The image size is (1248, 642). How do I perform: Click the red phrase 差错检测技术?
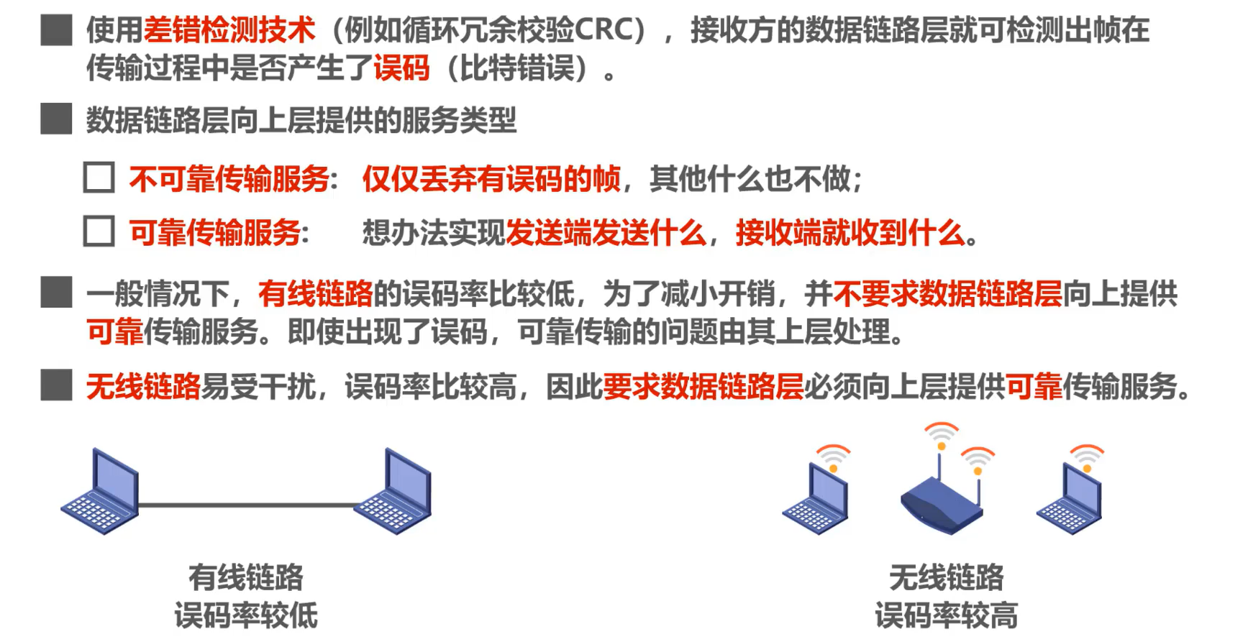[x=229, y=30]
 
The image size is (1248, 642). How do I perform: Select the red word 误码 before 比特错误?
[x=401, y=68]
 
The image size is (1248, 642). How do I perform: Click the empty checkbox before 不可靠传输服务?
[x=99, y=178]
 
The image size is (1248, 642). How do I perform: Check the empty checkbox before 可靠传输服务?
[x=99, y=231]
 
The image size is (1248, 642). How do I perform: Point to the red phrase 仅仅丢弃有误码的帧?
[x=491, y=178]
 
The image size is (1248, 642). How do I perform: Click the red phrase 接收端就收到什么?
[x=850, y=233]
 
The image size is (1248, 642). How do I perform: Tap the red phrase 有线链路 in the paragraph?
[x=315, y=294]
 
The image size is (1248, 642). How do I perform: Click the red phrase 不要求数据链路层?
[x=947, y=294]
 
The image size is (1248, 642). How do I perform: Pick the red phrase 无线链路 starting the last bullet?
[x=143, y=387]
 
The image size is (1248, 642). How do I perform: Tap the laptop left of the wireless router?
[x=816, y=500]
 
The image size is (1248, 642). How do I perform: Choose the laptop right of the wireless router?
[x=1070, y=500]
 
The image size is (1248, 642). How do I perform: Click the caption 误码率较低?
[x=246, y=616]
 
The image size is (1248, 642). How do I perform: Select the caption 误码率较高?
[x=946, y=616]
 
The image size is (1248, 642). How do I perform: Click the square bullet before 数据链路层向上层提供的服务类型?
[x=56, y=119]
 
